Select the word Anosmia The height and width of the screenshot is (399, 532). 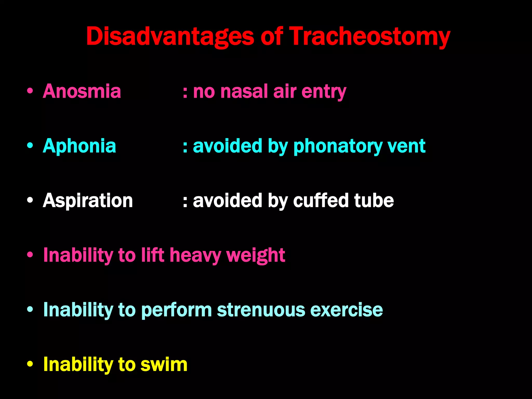pos(82,91)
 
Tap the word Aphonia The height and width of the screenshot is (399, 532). pos(79,146)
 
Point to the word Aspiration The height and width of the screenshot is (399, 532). pos(88,201)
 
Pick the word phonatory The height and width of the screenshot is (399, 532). pos(337,146)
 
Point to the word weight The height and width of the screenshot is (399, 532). pos(256,255)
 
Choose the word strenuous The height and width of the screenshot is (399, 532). pos(261,310)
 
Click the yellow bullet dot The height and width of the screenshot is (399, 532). pos(30,364)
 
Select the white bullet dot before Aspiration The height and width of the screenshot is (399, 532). pos(30,201)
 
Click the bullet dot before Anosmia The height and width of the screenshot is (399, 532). pos(30,91)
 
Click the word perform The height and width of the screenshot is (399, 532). pos(177,310)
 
